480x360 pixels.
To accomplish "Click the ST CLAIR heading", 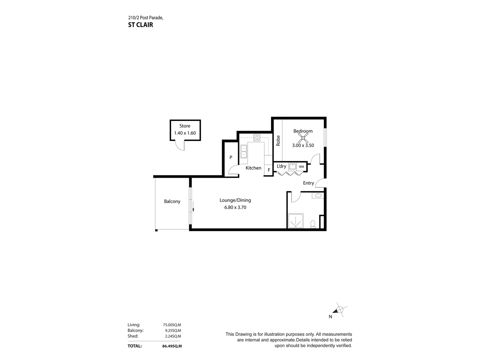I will [x=140, y=25].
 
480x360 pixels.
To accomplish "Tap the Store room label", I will [x=185, y=126].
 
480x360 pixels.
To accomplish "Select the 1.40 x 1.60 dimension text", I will [x=185, y=133].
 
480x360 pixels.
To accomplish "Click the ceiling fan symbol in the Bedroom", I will [x=303, y=138].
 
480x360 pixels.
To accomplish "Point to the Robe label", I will [x=278, y=141].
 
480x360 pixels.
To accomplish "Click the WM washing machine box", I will [x=301, y=167].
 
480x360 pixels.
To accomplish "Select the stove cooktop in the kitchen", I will [x=257, y=137].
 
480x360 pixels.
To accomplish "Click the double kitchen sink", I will [x=244, y=151].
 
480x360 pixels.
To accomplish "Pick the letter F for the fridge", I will [x=269, y=170].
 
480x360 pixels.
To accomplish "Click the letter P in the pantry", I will [x=231, y=157].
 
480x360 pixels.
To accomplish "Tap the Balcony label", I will [x=172, y=201].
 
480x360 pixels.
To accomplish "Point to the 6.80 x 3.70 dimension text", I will [x=235, y=207].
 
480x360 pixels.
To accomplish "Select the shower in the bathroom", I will [x=296, y=221].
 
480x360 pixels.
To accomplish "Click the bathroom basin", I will [x=318, y=195].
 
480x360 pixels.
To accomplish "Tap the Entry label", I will [x=308, y=183].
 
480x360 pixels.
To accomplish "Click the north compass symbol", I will [x=339, y=310].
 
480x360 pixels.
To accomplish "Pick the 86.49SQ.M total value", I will [x=172, y=346].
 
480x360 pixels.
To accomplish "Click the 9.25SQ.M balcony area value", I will [x=173, y=330].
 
